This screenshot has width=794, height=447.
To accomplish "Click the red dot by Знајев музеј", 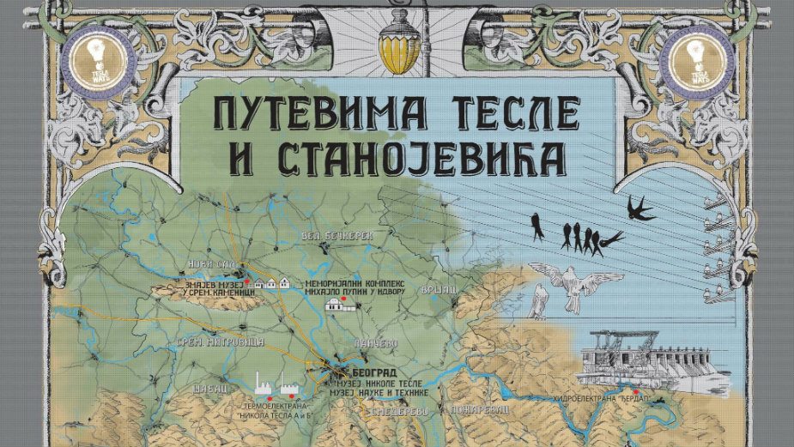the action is click(x=246, y=281).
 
